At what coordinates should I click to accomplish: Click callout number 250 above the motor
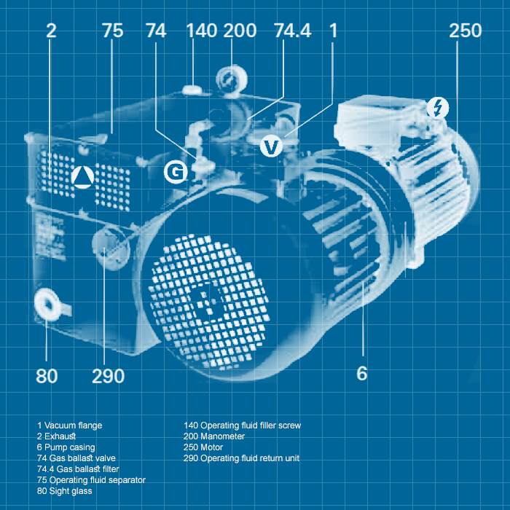tap(465, 31)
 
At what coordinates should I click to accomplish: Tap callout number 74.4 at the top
tap(292, 31)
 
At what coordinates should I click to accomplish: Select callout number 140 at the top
tap(201, 31)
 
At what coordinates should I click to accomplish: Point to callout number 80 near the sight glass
tap(47, 376)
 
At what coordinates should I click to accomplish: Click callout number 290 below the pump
tap(108, 376)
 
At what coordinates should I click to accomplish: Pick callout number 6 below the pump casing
tap(362, 374)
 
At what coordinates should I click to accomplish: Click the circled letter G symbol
tap(176, 172)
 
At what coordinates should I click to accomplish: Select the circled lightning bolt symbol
tap(437, 108)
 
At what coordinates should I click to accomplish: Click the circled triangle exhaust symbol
tap(83, 177)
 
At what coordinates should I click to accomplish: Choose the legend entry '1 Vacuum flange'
tap(70, 425)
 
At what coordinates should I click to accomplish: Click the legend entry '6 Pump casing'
tap(66, 447)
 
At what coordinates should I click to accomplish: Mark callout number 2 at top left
tap(51, 31)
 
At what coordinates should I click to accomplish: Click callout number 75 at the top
tap(113, 31)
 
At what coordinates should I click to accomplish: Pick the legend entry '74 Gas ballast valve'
tap(76, 458)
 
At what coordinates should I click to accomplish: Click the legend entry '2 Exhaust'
tap(59, 436)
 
